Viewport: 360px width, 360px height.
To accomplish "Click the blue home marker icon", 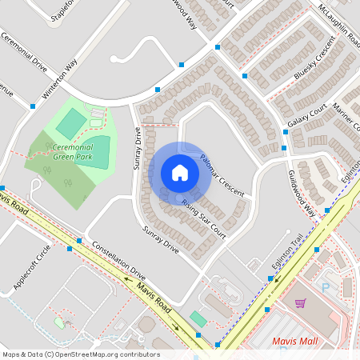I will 180,173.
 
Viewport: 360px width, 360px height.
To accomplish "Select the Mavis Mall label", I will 295,341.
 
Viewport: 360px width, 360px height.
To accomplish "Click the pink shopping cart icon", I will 300,303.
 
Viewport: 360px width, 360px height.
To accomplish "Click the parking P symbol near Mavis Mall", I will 326,286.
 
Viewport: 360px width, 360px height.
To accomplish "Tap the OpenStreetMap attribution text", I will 80,354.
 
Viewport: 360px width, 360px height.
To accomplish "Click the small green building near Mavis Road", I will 198,319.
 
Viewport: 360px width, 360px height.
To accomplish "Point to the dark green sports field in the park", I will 72,123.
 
